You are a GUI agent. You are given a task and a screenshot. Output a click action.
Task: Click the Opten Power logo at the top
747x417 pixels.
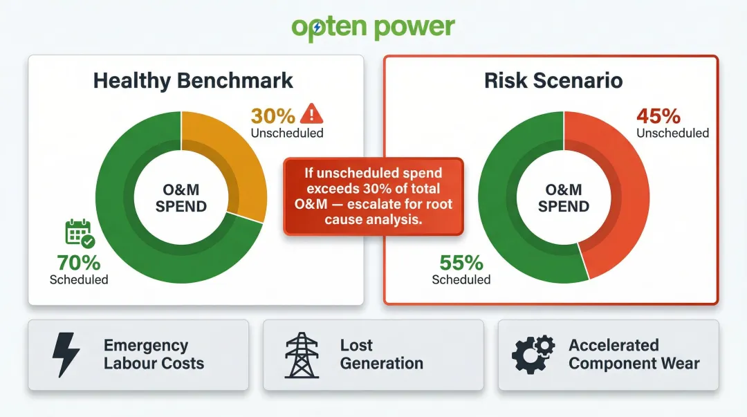[x=373, y=27]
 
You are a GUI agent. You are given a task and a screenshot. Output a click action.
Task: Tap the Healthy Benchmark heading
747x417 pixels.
[x=193, y=80]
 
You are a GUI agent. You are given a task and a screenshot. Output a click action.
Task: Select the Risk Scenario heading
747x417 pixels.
[x=553, y=80]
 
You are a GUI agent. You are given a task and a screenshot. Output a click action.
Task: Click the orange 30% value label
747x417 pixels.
[x=273, y=115]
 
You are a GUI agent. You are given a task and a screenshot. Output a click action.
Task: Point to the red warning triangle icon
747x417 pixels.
[x=313, y=113]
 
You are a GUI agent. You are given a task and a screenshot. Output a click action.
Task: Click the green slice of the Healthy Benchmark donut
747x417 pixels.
[x=138, y=228]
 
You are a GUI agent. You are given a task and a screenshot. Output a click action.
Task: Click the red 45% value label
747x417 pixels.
[x=658, y=115]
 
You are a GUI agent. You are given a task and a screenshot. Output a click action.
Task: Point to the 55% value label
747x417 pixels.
[x=461, y=263]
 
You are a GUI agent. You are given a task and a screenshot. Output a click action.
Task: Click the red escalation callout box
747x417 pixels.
[x=373, y=196]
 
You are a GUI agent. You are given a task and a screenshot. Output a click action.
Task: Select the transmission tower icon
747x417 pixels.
[x=302, y=355]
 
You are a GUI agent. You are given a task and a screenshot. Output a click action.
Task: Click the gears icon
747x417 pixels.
[x=533, y=355]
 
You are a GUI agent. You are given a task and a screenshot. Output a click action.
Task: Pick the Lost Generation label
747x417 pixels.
[x=381, y=354]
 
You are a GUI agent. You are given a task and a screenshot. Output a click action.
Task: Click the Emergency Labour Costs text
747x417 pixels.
[x=154, y=354]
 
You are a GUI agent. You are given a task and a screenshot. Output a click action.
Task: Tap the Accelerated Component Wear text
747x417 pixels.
[x=634, y=354]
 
